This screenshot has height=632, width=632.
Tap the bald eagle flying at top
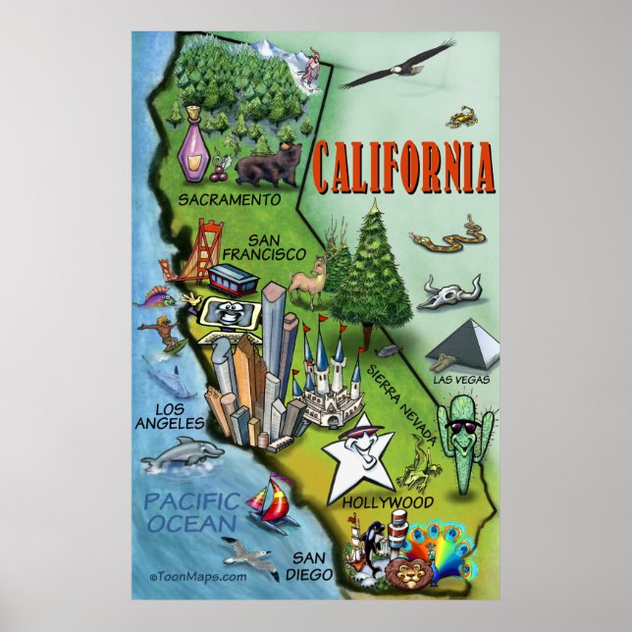point(397,67)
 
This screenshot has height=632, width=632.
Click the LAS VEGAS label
point(460,379)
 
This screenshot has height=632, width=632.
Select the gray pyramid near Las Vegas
point(464,344)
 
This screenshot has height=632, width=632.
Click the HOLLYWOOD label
point(389,502)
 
